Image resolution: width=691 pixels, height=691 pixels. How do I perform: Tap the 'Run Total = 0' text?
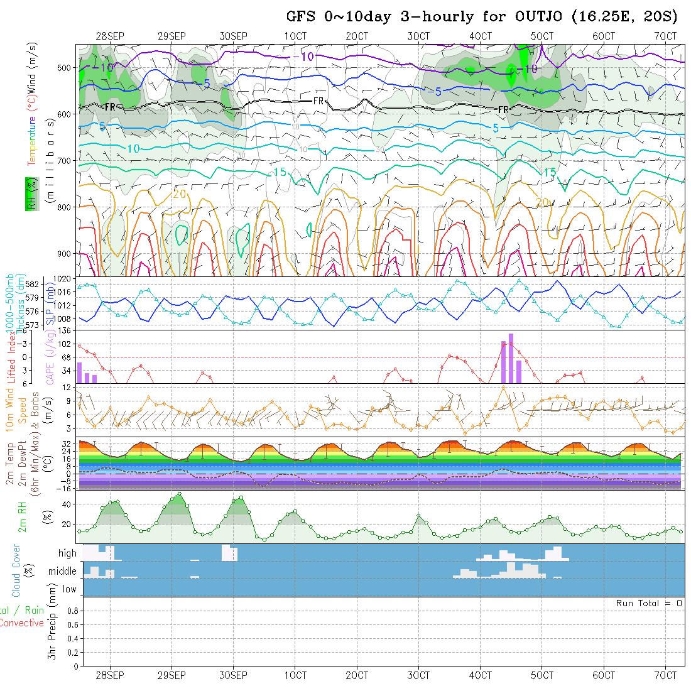649,603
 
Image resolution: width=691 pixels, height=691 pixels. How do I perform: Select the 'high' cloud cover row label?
67,553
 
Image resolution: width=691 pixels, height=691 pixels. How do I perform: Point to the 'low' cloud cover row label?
69,589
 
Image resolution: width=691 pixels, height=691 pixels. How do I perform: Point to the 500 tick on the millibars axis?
67,68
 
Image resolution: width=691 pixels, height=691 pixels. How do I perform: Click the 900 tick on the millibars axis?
67,254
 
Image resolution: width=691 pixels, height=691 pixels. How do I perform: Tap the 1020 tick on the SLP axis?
66,278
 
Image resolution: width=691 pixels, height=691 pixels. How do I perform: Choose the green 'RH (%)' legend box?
29,193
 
